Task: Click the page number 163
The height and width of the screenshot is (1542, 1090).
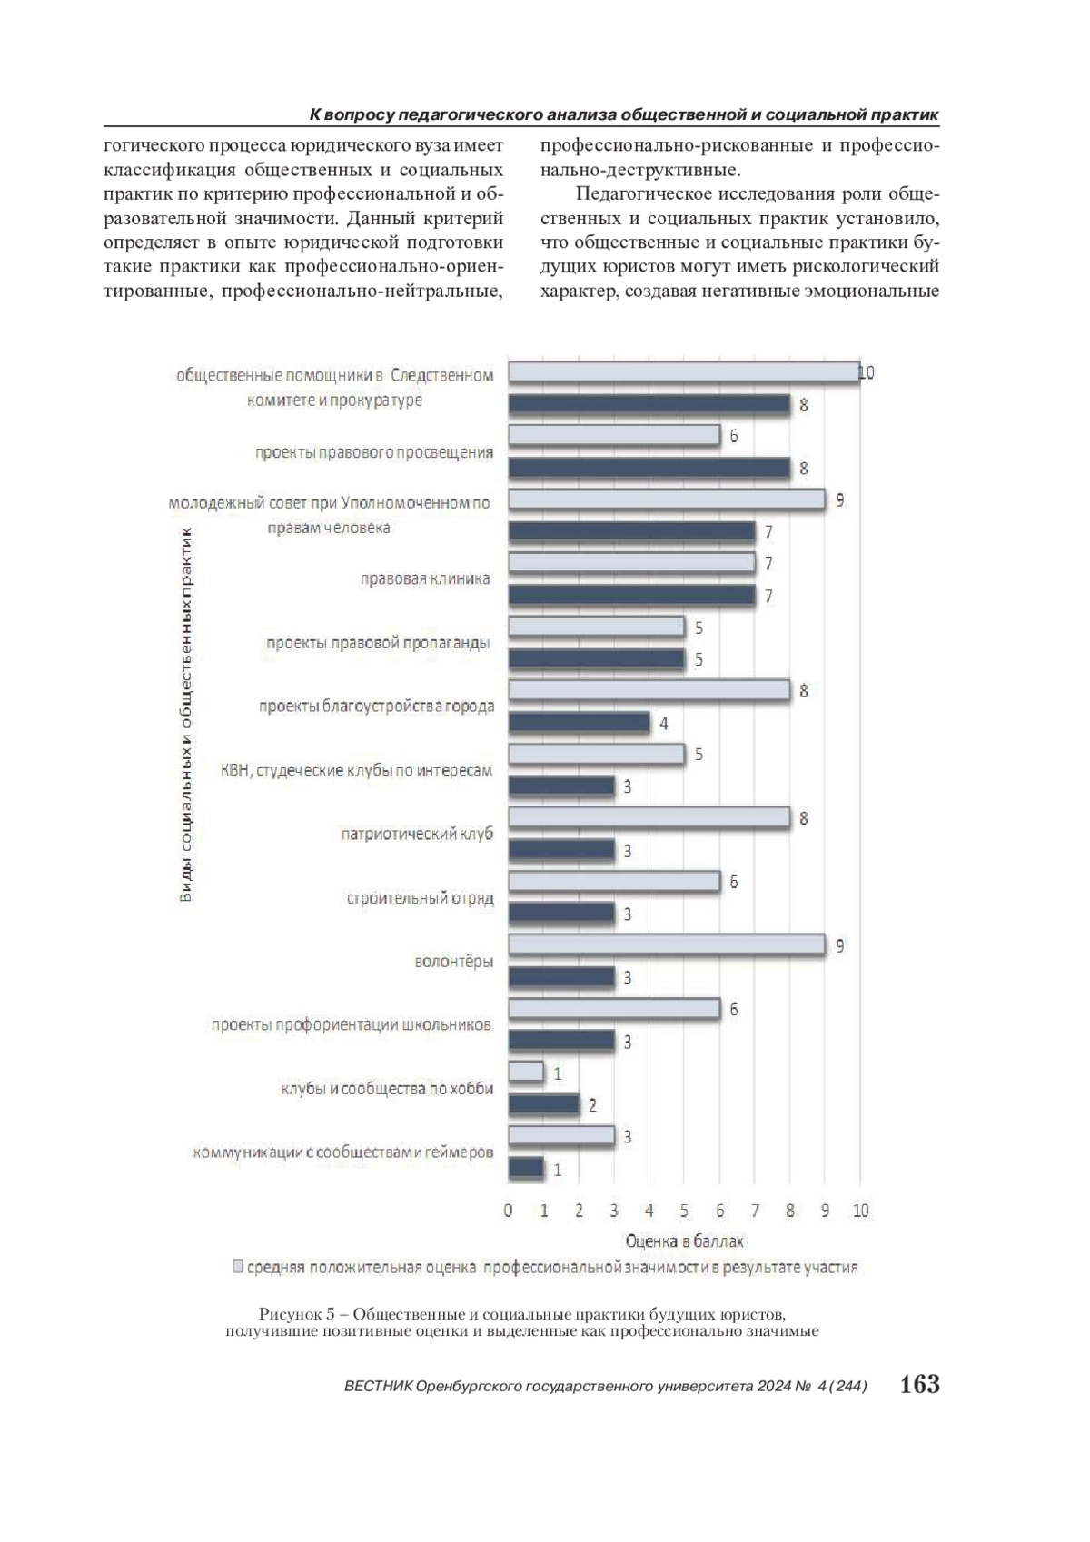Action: (x=919, y=1384)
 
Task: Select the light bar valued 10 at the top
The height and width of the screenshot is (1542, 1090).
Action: (x=683, y=371)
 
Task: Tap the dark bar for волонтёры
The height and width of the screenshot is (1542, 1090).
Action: (x=560, y=977)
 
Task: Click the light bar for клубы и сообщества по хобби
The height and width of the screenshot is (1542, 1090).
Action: (x=525, y=1072)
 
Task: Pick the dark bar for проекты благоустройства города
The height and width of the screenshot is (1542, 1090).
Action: (x=578, y=723)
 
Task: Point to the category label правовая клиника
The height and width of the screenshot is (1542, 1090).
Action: (x=425, y=578)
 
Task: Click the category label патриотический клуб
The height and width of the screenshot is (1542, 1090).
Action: (x=417, y=834)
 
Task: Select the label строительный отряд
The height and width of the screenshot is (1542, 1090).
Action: (x=420, y=898)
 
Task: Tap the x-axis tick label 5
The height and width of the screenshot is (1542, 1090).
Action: (x=684, y=1210)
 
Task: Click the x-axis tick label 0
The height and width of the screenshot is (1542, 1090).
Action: (x=508, y=1210)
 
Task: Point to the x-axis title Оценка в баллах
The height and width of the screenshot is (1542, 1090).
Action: (x=683, y=1241)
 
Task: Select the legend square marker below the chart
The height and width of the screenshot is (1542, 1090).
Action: (x=238, y=1266)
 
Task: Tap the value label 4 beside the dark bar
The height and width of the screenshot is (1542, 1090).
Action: (x=663, y=724)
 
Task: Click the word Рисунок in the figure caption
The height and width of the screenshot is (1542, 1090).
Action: (x=288, y=1314)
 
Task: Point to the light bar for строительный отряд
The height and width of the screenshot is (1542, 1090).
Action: (x=613, y=881)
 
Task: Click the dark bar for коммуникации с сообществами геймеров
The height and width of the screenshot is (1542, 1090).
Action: (x=525, y=1169)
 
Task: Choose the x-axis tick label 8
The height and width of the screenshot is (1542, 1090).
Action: (x=789, y=1210)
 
